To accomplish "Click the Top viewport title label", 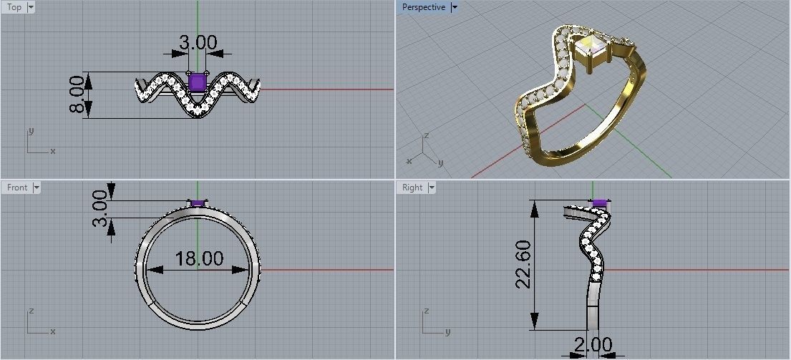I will point(14,7).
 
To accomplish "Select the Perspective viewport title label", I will point(423,7).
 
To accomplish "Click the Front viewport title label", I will point(16,188).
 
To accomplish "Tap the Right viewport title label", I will point(412,188).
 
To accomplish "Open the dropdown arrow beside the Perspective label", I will point(455,7).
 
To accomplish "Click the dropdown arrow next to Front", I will point(37,188).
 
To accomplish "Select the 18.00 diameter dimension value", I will point(199,258).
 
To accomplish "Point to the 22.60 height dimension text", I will point(523,264).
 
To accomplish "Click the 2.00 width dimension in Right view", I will point(593,345).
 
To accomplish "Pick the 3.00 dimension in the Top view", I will point(198,42).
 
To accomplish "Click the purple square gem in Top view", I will point(198,83).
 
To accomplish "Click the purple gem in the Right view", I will point(600,203).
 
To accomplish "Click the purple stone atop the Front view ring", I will point(198,203).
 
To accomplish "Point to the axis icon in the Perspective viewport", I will point(424,149).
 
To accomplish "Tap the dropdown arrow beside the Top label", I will point(31,7).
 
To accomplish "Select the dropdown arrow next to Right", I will point(431,188).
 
